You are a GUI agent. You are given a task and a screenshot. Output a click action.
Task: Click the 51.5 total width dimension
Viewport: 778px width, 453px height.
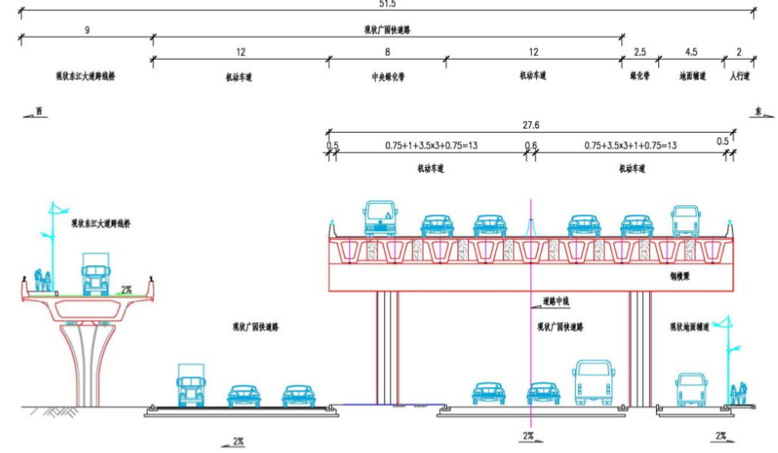point(387,4)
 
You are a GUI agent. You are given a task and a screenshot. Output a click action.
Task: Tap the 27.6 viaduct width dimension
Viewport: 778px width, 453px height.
point(530,125)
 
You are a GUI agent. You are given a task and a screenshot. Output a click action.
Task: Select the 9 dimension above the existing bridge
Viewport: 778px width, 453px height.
point(87,30)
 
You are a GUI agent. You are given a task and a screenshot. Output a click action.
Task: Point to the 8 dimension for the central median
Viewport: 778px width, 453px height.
point(387,52)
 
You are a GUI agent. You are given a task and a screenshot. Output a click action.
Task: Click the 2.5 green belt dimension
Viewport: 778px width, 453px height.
point(640,52)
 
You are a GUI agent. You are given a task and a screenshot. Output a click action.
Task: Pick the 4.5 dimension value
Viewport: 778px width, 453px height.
point(691,52)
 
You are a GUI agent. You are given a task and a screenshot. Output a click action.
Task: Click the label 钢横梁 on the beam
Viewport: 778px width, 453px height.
point(679,276)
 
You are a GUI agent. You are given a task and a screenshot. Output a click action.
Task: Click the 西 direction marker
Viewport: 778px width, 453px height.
point(39,112)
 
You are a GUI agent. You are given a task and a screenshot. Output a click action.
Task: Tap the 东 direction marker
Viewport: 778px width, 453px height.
point(758,112)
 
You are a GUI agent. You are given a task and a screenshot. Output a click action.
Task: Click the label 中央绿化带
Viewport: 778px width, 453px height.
point(387,77)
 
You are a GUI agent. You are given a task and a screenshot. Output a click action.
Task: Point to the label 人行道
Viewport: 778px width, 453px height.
point(739,77)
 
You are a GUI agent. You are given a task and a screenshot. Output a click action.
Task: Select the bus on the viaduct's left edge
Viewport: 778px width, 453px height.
point(380,218)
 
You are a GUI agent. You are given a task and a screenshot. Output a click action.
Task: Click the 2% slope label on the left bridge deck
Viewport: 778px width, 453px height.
point(127,289)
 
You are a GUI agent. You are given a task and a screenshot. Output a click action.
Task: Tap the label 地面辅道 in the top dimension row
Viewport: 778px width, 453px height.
point(692,77)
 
